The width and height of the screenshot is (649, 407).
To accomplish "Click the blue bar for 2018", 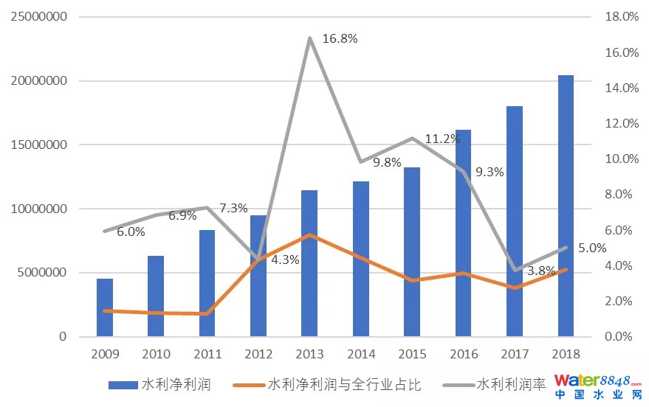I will tap(566, 206).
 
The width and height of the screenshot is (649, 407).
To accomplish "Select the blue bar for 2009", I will tap(105, 307).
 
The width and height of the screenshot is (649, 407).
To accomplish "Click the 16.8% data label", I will tap(340, 39).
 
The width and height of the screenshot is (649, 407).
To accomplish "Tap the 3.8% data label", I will tap(541, 271).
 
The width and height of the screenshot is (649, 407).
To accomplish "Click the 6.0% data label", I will tap(131, 232).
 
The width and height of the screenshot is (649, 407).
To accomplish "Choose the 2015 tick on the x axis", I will tap(412, 354).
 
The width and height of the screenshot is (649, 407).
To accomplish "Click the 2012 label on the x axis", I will tap(258, 354).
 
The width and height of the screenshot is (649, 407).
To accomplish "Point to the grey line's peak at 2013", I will tap(309, 38).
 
